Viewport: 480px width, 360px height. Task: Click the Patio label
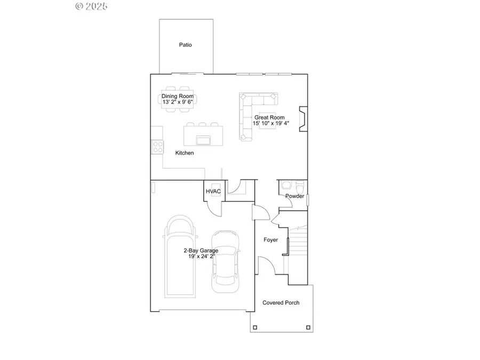coord(185,45)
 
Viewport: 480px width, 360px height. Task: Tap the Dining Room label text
coord(178,97)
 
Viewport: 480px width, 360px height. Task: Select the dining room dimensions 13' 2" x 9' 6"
coord(178,102)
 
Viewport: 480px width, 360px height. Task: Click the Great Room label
coord(269,117)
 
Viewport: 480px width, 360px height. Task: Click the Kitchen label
coord(185,153)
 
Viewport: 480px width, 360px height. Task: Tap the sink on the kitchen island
coord(203,140)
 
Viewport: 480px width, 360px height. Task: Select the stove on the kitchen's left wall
coord(157,146)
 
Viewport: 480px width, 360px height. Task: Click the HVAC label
coord(213,191)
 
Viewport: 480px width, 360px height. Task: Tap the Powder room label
coord(294,196)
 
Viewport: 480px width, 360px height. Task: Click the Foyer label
coord(271,240)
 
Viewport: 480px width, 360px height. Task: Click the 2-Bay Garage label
coord(200,250)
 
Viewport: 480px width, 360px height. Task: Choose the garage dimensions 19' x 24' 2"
coord(200,257)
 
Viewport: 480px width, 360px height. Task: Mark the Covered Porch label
coord(281,303)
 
